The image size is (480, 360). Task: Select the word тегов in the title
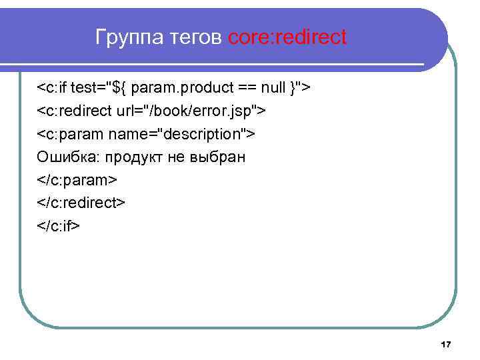click(x=193, y=37)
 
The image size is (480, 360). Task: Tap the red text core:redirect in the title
click(x=287, y=37)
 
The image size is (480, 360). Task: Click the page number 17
click(x=446, y=344)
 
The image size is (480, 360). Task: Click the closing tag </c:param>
click(x=77, y=180)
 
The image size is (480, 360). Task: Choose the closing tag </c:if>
click(x=59, y=226)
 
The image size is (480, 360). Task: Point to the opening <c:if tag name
click(x=53, y=87)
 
